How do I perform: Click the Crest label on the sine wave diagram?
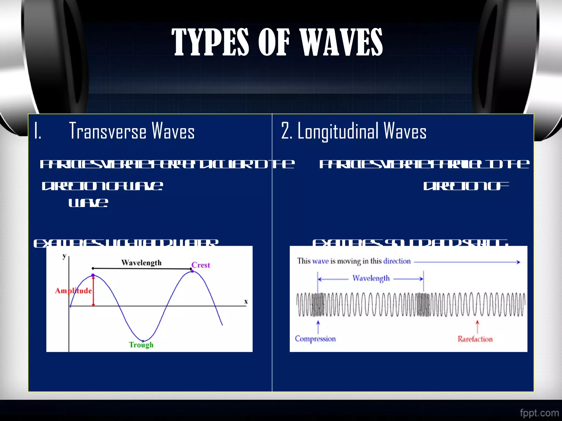pos(201,265)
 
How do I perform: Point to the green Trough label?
pos(141,345)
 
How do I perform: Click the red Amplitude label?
pos(73,291)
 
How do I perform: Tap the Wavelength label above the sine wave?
pos(141,263)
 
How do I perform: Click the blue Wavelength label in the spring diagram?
pos(371,278)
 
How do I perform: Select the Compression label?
pos(315,339)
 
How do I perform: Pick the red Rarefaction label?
pos(475,339)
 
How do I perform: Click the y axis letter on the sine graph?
pos(64,256)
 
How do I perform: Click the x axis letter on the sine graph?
pos(246,301)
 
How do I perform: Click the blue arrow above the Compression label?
pos(318,327)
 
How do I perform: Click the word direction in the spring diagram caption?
pos(397,261)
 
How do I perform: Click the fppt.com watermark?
pos(539,413)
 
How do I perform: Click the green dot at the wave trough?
pos(143,341)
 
